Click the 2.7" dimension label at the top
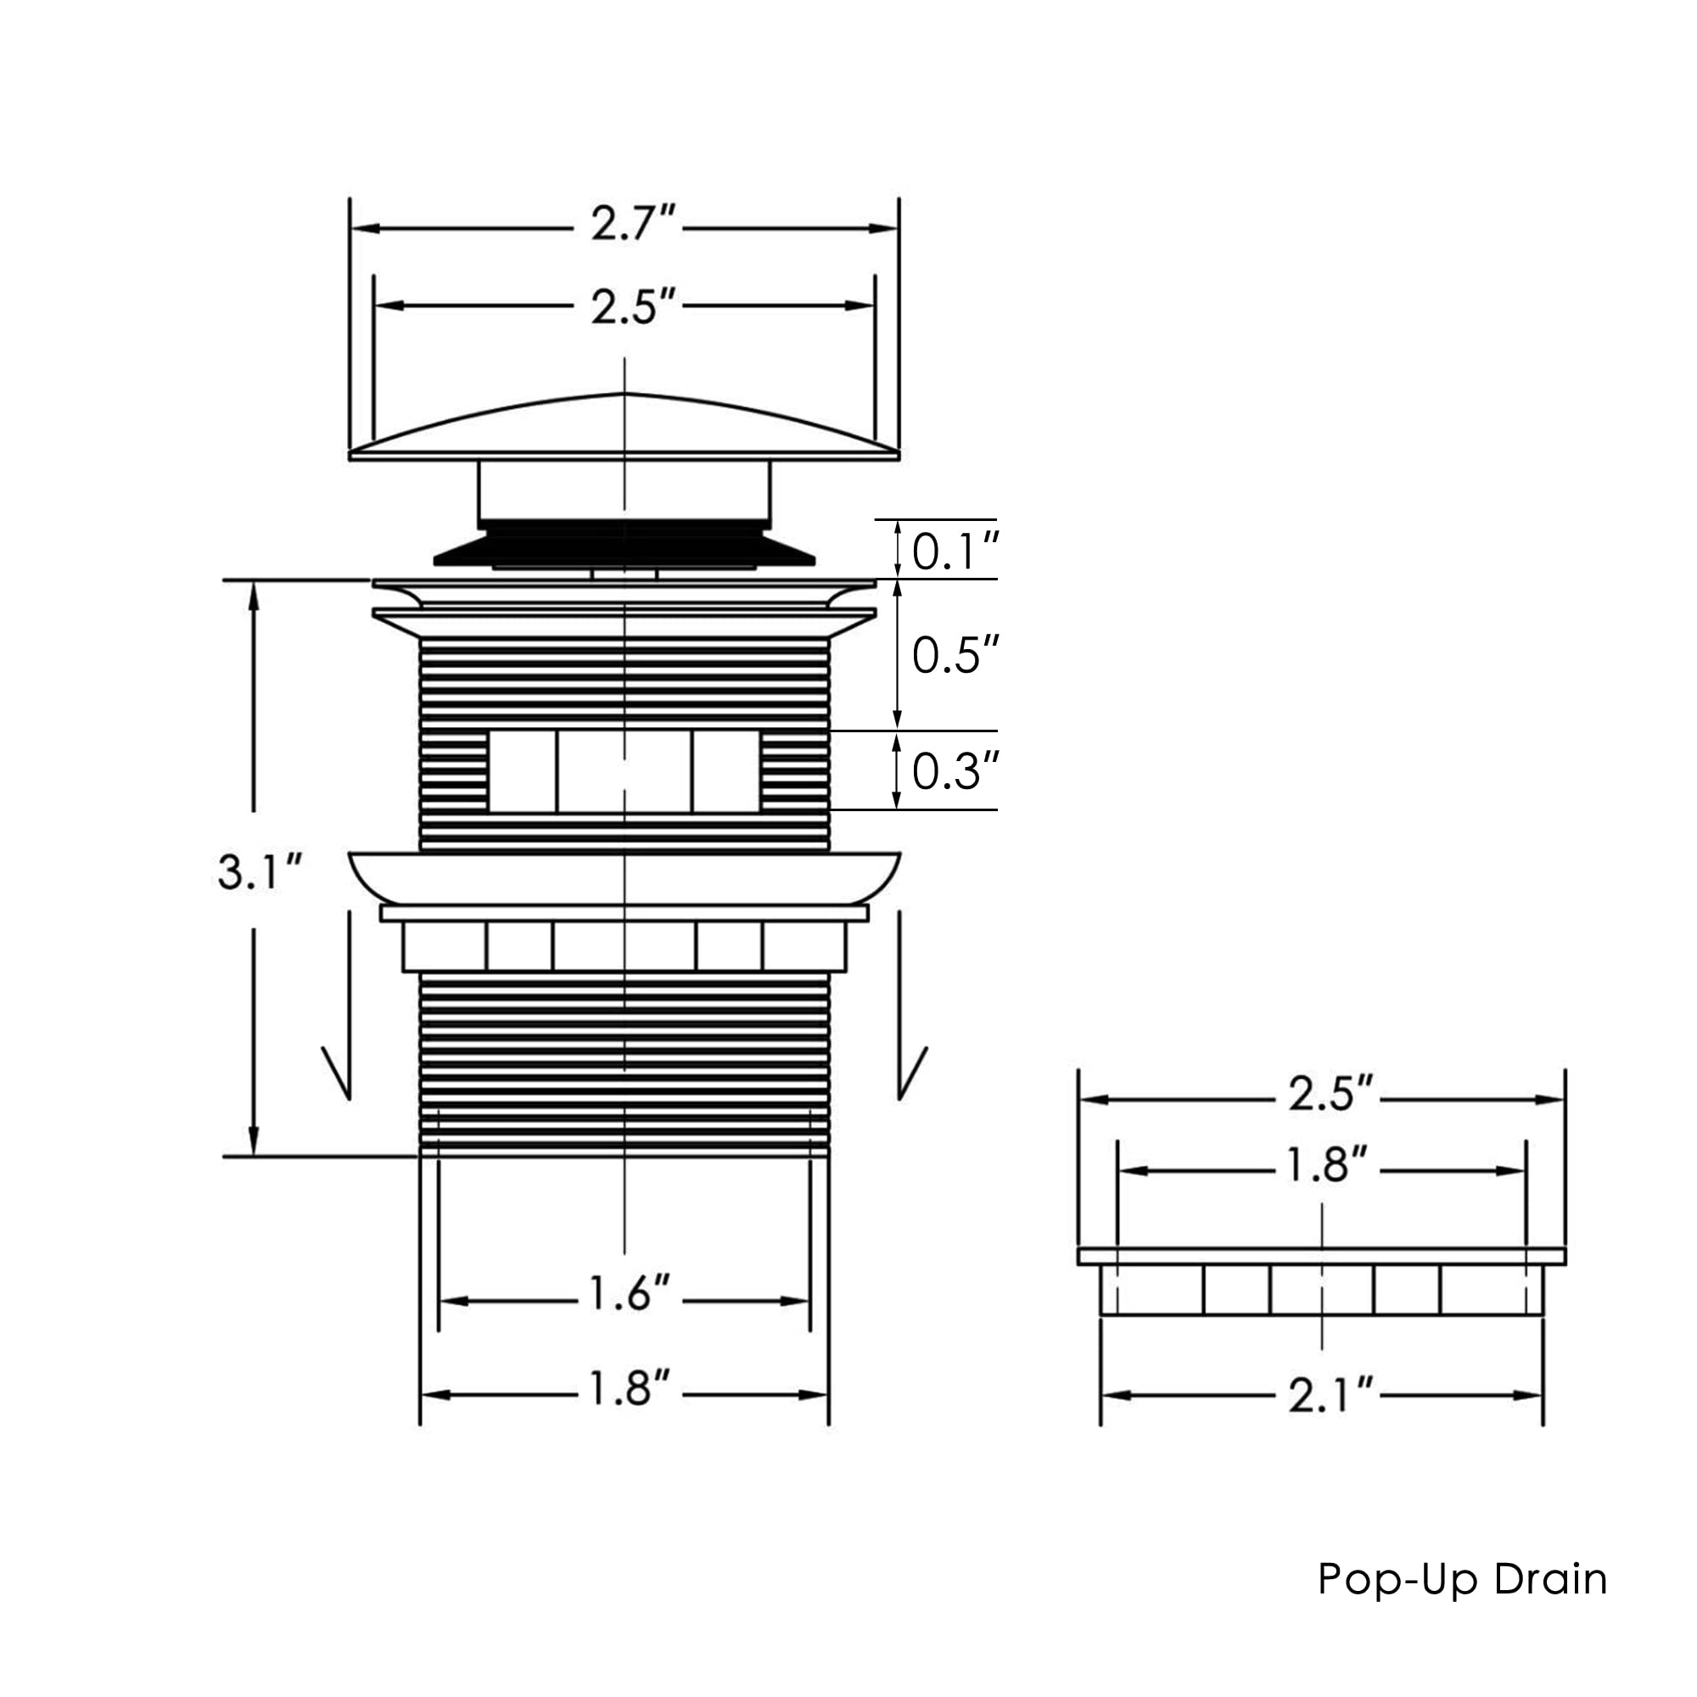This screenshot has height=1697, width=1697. (x=632, y=223)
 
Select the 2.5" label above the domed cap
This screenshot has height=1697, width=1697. (x=632, y=306)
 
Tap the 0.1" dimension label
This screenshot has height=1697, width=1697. (x=955, y=551)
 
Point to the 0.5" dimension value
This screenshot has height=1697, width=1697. (x=955, y=654)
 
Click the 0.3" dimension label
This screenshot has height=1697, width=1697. (x=955, y=770)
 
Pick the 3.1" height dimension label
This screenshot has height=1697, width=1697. (x=260, y=871)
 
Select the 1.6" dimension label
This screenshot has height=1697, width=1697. (x=629, y=1293)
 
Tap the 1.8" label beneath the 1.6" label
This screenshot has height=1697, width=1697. (x=629, y=1388)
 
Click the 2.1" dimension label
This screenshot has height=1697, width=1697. (x=1330, y=1395)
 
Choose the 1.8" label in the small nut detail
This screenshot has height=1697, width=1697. (x=1326, y=1165)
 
